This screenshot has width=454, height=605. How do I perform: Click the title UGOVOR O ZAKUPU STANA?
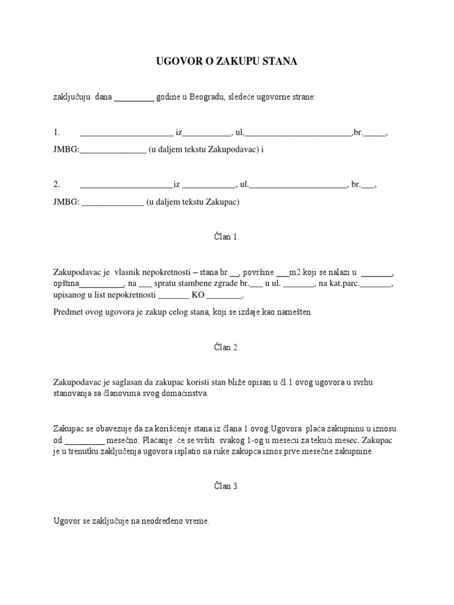(226, 61)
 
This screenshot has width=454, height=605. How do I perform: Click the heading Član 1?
(226, 237)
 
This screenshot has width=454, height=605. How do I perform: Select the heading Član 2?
(226, 347)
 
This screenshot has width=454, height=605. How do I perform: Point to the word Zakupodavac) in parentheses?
(236, 149)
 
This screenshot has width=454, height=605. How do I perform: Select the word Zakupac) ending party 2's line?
(222, 202)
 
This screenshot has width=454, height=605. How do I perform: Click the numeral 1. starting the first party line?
(57, 133)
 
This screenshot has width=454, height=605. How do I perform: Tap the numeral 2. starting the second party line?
(57, 185)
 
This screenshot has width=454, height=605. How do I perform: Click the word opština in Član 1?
(66, 284)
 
